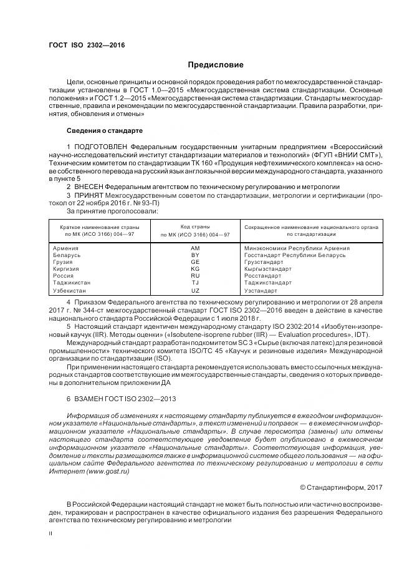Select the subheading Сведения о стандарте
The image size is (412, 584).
coord(104,131)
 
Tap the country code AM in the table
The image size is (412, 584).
coord(194,248)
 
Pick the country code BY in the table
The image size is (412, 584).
coord(194,255)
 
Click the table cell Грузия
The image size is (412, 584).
coord(63,262)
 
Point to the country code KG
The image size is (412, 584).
coord(194,269)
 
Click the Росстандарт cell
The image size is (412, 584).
coord(262,276)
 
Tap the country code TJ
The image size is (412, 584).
coord(194,283)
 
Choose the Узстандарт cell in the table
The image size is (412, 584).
coord(261,291)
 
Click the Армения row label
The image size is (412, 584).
coord(66,248)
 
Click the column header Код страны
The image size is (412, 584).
coord(194,226)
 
